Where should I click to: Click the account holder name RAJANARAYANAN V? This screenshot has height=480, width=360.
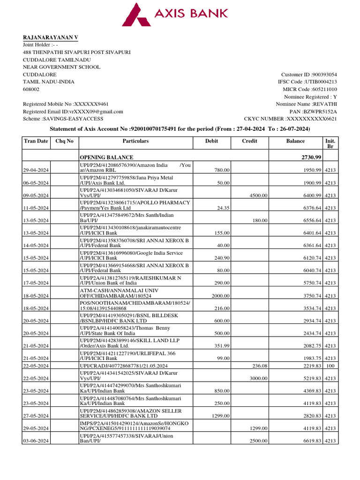[x=51, y=37]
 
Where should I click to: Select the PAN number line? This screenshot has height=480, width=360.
[x=316, y=112]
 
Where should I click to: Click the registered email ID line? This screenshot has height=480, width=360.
[x=73, y=112]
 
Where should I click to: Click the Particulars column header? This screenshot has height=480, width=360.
[x=135, y=141]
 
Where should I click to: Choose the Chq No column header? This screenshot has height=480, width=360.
[x=64, y=141]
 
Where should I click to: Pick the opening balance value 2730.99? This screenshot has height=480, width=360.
[x=311, y=157]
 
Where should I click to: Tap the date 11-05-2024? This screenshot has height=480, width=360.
[x=36, y=208]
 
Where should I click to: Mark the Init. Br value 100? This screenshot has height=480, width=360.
[x=330, y=366]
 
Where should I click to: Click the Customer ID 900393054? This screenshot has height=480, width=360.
[x=309, y=74]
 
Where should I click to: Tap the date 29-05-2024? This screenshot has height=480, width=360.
[x=36, y=428]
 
